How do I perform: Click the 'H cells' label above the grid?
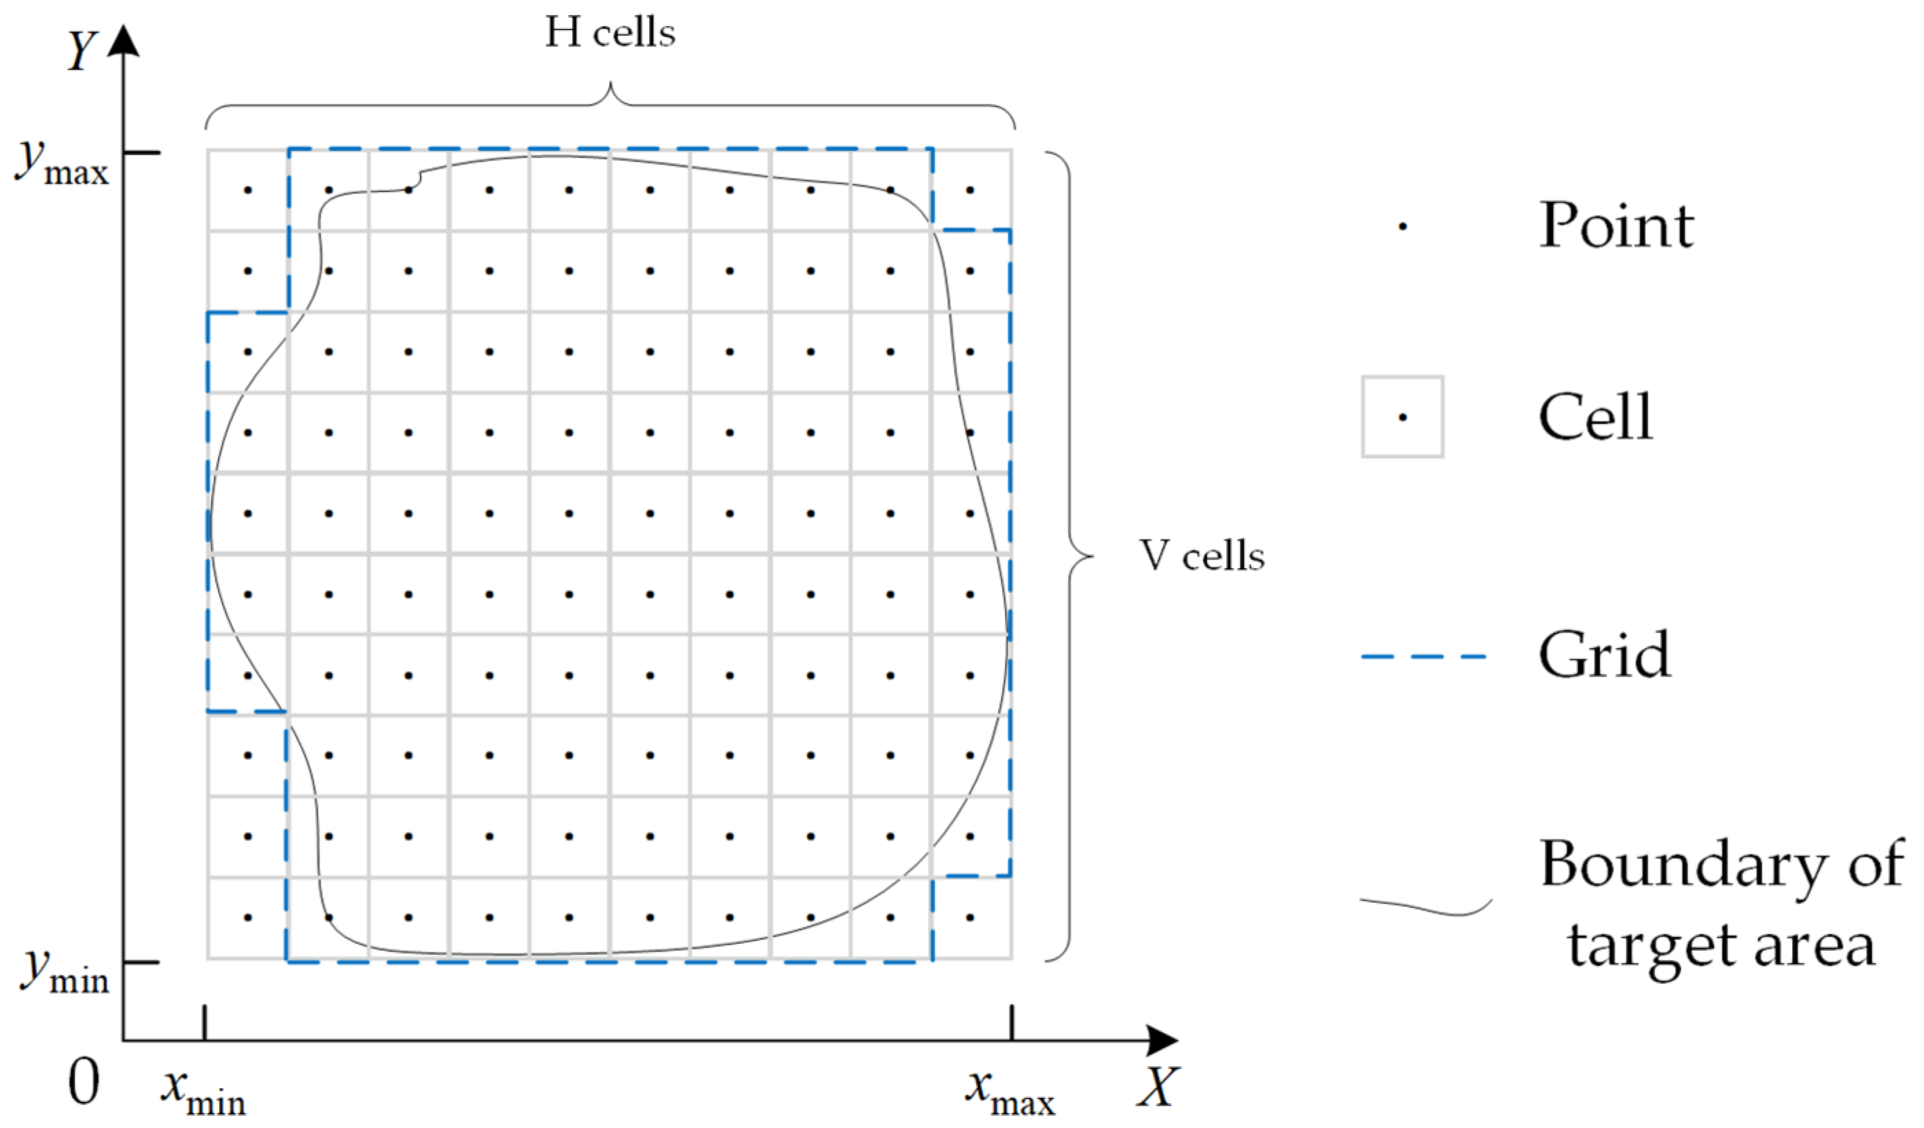click(609, 34)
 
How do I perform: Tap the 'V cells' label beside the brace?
click(1202, 556)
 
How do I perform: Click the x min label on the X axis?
click(203, 1093)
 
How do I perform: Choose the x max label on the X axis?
click(1009, 1093)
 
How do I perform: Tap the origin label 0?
click(83, 1082)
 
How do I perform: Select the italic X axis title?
click(1157, 1087)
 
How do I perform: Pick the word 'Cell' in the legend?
click(1596, 417)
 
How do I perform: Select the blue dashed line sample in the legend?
click(1424, 656)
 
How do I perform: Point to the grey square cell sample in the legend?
click(1403, 417)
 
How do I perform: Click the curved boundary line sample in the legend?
click(1425, 907)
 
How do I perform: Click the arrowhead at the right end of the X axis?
click(1162, 1040)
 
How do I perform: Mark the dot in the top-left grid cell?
click(247, 190)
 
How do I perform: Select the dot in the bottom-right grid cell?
click(970, 917)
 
